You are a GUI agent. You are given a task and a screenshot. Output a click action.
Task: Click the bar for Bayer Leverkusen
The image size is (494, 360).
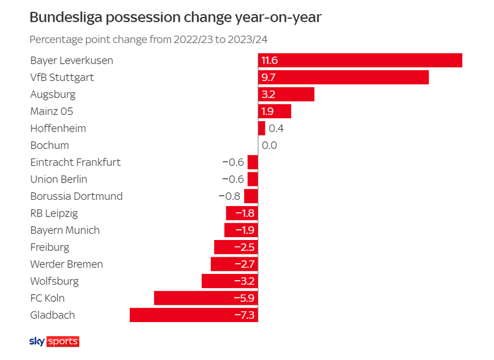click(x=360, y=60)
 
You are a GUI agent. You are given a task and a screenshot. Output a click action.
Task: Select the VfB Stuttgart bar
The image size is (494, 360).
click(x=344, y=77)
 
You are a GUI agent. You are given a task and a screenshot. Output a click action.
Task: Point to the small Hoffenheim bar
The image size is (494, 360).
click(x=262, y=128)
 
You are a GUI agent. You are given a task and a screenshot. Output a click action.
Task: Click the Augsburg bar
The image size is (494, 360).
click(x=286, y=94)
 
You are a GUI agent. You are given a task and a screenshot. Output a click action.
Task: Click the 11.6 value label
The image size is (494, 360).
click(x=269, y=60)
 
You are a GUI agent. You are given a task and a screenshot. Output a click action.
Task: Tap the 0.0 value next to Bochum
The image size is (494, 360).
click(x=269, y=145)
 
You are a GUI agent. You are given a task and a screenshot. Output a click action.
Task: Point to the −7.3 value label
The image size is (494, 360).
click(x=244, y=315)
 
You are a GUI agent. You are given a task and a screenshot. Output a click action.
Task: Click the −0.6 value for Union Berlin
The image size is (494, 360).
click(x=233, y=179)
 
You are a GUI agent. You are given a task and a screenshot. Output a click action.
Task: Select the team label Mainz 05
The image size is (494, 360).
click(x=52, y=111)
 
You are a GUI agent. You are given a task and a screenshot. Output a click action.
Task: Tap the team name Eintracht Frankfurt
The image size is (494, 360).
click(x=75, y=162)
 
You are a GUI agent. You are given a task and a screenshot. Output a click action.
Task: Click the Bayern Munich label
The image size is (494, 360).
click(x=65, y=230)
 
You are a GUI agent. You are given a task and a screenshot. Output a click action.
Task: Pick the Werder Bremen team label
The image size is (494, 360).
click(x=67, y=264)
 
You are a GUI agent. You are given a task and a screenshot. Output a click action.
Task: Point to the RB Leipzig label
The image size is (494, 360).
click(x=54, y=214)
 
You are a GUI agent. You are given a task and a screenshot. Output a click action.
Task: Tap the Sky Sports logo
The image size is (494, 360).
click(x=54, y=342)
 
